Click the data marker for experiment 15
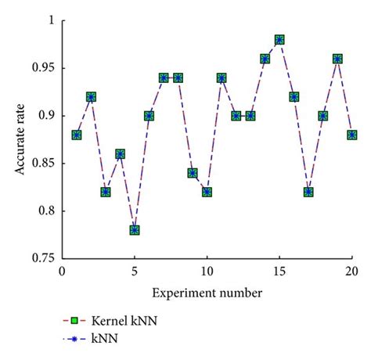pos(279,40)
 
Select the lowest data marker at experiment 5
pos(135,230)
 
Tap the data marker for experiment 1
pos(77,135)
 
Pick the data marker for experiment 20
pos(351,135)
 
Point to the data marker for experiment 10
pos(207,192)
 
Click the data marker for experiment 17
pos(308,192)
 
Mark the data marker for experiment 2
pos(91,97)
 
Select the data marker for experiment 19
pos(337,59)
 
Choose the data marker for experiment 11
pos(222,78)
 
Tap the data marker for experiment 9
pos(193,173)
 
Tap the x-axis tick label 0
pos(62,272)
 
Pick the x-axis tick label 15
pos(279,272)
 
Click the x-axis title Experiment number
pos(207,292)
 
